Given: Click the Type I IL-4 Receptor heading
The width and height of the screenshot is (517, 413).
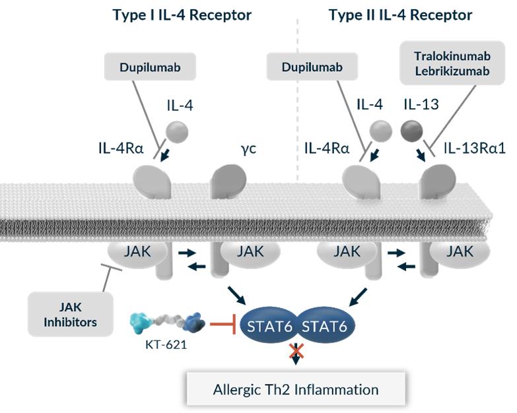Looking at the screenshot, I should (x=182, y=15).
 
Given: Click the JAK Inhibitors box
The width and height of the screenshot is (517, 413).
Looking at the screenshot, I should (x=62, y=314).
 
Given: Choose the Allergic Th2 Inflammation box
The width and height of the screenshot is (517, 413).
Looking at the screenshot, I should (x=295, y=390).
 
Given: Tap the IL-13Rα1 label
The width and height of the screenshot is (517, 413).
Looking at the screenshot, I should (x=473, y=148).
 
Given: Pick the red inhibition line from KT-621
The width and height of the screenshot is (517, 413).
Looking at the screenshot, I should (x=224, y=324).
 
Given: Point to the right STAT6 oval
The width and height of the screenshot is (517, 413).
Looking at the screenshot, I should (x=325, y=325).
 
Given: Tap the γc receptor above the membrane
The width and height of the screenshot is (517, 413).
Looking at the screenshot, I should (x=228, y=179).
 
